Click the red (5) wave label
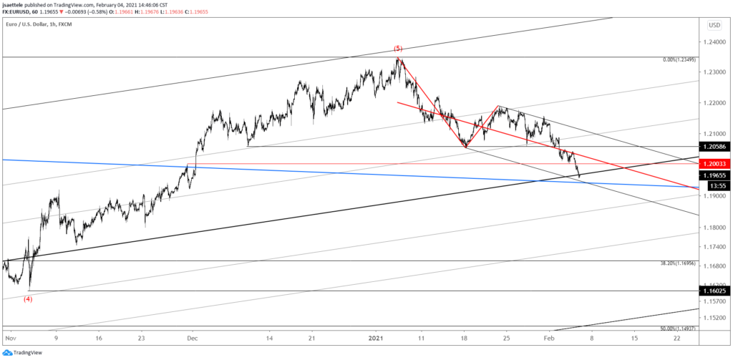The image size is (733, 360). tap(399, 49)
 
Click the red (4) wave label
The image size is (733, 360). tap(28, 299)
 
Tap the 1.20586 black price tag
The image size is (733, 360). tap(717, 146)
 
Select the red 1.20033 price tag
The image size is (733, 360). tap(717, 164)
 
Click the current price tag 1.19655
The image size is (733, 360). tap(717, 175)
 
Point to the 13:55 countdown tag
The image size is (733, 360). tap(717, 185)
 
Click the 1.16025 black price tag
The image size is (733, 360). tap(717, 291)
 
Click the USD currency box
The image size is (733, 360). tap(714, 25)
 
